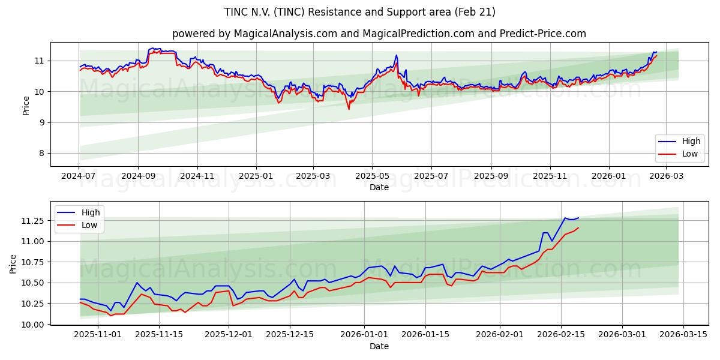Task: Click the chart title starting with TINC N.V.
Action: click(360, 12)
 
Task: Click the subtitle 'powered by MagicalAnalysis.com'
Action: click(379, 34)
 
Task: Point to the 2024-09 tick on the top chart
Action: click(138, 176)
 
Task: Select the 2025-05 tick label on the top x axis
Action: click(372, 176)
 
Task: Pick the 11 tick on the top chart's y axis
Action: click(39, 61)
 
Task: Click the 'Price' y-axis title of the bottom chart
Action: click(13, 264)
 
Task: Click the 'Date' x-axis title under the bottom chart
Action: click(379, 346)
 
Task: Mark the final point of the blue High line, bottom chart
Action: click(578, 218)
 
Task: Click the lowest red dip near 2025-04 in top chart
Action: click(349, 109)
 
